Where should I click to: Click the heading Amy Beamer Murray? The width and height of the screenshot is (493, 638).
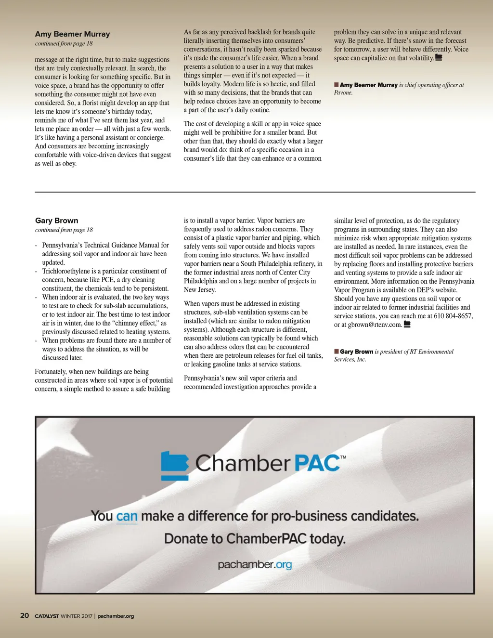[72, 34]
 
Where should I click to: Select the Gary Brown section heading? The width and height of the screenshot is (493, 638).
[56, 221]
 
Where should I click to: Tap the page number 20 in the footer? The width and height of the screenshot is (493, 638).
[25, 615]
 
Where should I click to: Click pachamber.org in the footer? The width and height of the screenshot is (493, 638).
[116, 616]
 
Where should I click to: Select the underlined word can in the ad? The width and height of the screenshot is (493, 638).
[127, 516]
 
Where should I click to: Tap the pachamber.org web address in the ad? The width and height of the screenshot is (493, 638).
[255, 564]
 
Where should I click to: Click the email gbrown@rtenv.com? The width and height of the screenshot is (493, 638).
[375, 325]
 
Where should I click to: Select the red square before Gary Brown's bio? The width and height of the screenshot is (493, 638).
[337, 352]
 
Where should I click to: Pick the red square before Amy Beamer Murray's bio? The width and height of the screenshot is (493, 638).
[337, 85]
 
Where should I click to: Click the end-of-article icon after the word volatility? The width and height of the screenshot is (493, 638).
[438, 58]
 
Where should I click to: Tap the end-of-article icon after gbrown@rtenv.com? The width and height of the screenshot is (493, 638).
[407, 325]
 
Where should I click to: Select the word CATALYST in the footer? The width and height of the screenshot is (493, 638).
[47, 616]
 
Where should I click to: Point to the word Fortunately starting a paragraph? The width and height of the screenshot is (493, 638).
[51, 372]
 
